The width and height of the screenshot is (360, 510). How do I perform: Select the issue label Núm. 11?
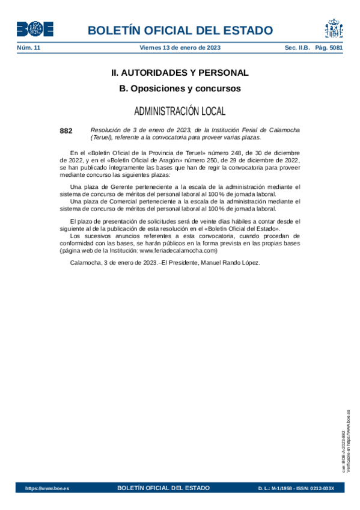(x=28, y=48)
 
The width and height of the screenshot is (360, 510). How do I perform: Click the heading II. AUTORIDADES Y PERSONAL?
(x=180, y=73)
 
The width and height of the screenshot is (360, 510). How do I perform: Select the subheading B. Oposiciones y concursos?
(x=180, y=88)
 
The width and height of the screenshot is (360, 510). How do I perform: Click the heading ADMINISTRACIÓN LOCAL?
(x=180, y=111)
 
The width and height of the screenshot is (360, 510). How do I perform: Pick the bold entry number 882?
(x=66, y=130)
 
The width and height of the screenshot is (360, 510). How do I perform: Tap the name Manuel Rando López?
(x=231, y=262)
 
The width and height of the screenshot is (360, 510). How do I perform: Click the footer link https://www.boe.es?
(x=47, y=488)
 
